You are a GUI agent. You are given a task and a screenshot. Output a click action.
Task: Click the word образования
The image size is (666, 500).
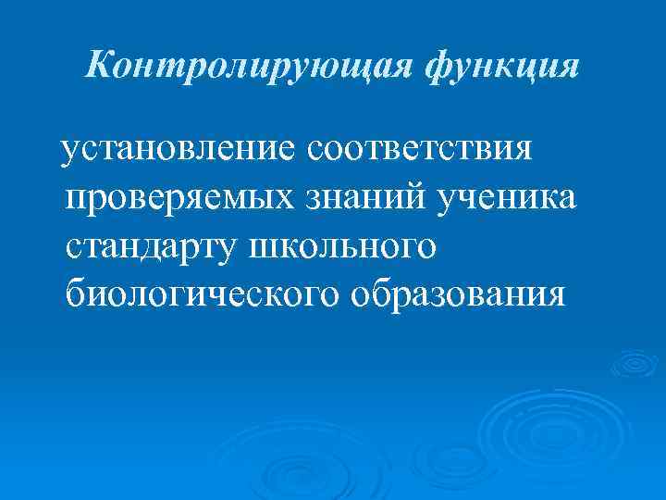(x=458, y=294)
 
